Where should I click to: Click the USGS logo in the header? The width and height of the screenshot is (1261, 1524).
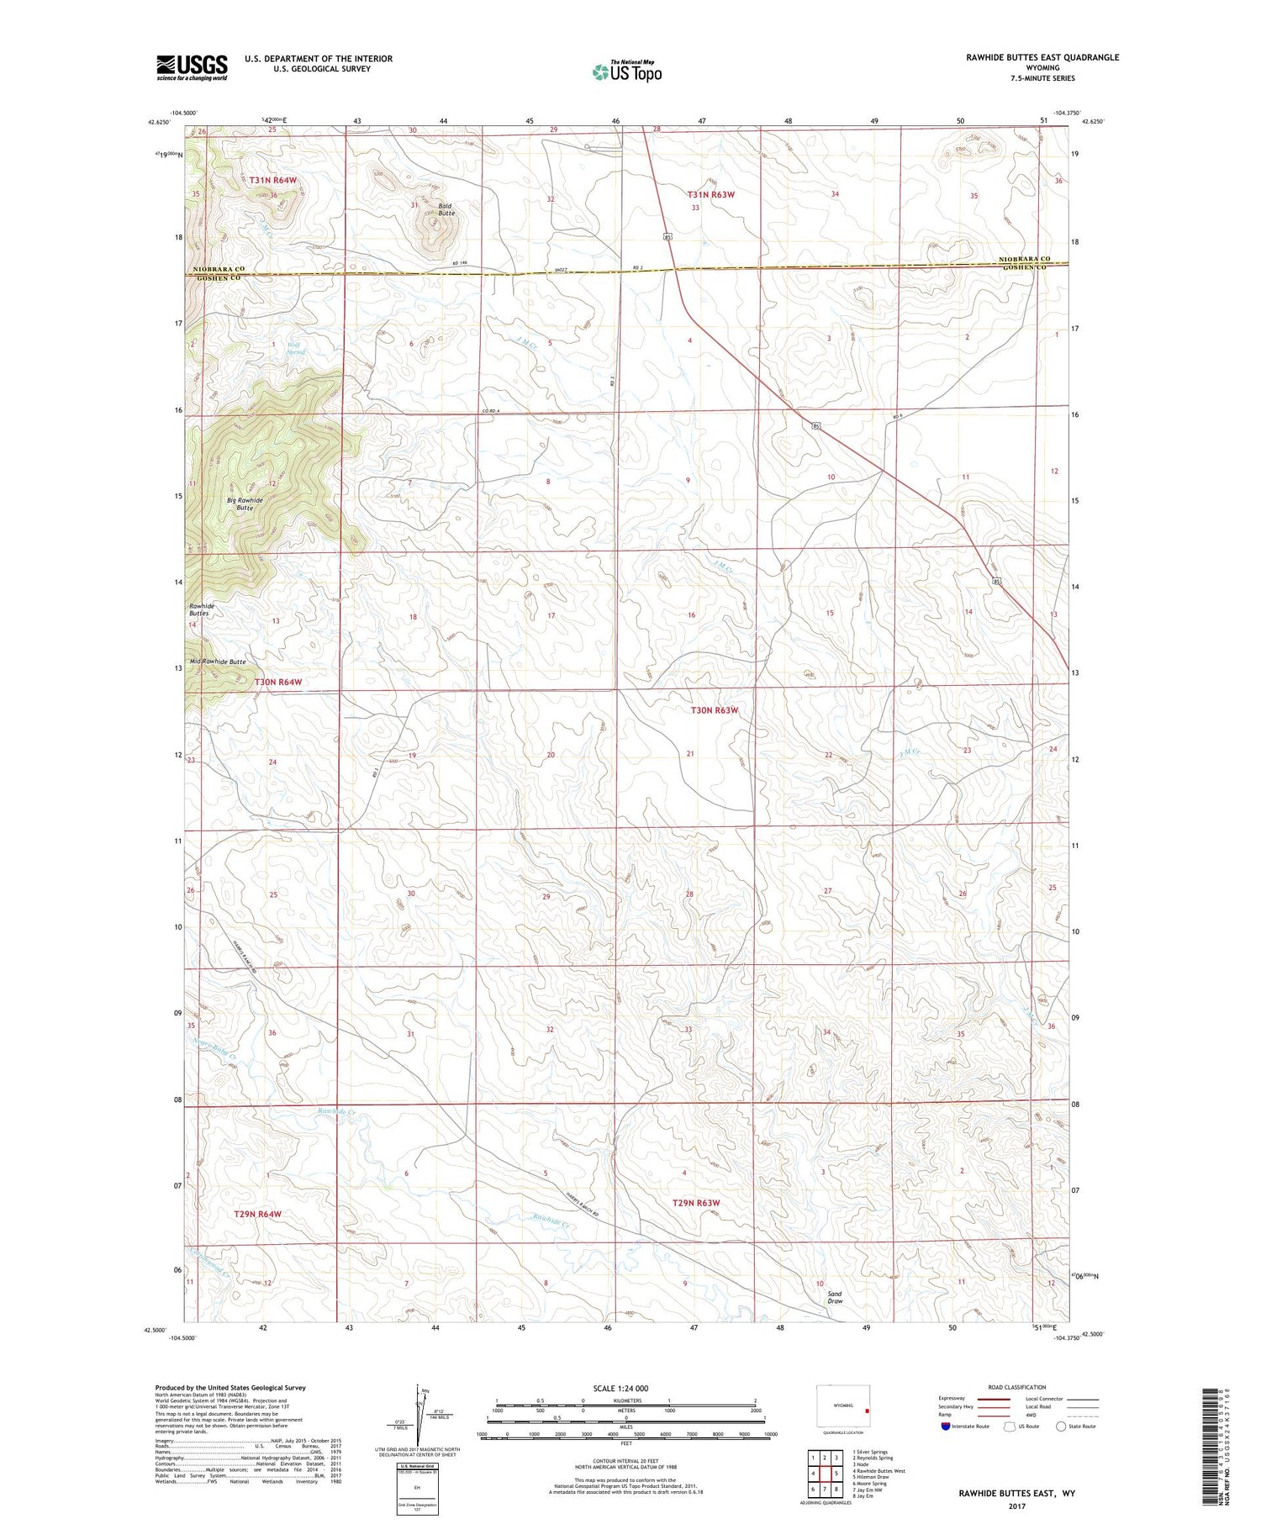click(192, 67)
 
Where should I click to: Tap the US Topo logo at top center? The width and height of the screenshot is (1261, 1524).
click(626, 71)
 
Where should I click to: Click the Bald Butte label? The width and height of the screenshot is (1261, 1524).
click(446, 209)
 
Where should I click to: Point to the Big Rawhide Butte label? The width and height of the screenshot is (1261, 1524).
click(245, 504)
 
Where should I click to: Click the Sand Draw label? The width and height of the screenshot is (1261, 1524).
click(834, 1297)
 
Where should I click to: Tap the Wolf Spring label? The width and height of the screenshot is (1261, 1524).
click(294, 348)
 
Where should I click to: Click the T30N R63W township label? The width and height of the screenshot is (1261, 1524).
click(714, 710)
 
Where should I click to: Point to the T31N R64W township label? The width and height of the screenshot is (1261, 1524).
click(272, 180)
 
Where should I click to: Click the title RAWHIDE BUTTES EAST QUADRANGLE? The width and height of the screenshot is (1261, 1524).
click(1042, 57)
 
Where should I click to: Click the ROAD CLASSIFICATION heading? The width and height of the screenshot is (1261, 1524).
click(1017, 1387)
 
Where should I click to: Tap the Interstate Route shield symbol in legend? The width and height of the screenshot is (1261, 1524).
click(945, 1426)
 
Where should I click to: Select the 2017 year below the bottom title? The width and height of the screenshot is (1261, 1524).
click(1016, 1506)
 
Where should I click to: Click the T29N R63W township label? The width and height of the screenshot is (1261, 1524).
click(696, 1203)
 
